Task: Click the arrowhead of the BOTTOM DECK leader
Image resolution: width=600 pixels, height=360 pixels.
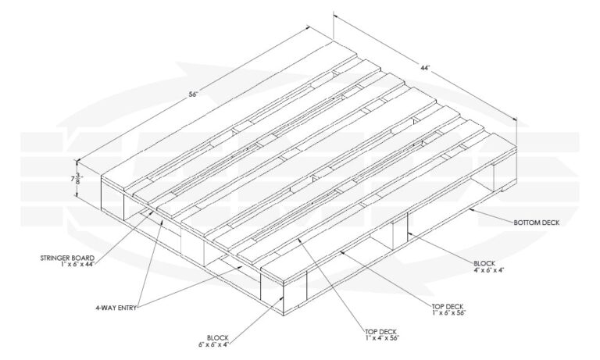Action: click(x=471, y=209)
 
